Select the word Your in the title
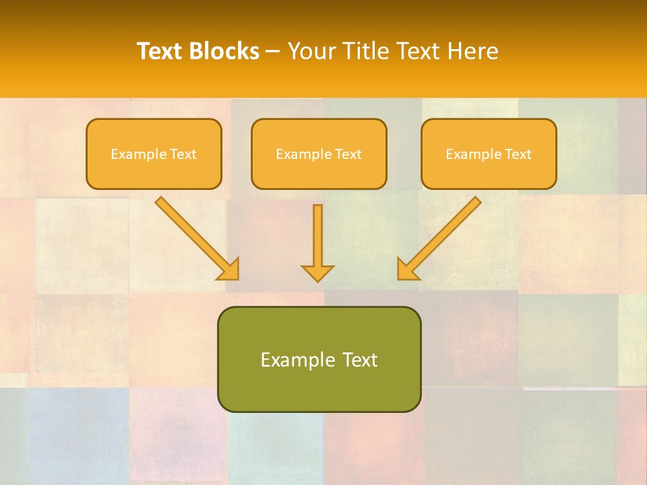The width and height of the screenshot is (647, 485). point(311,51)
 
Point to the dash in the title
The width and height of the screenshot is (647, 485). point(273,52)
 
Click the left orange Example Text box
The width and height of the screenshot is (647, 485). point(154,154)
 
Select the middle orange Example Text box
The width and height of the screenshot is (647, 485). point(319,154)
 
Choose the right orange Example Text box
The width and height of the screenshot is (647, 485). point(489,154)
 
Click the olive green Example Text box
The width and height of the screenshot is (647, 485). point(319,359)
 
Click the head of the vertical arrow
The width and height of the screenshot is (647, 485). point(317,272)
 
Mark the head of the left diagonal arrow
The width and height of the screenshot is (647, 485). point(229,269)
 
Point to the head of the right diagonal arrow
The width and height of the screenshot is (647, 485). point(406,269)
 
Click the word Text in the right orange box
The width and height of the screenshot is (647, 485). point(518,154)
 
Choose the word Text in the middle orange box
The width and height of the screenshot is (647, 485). point(348,154)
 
